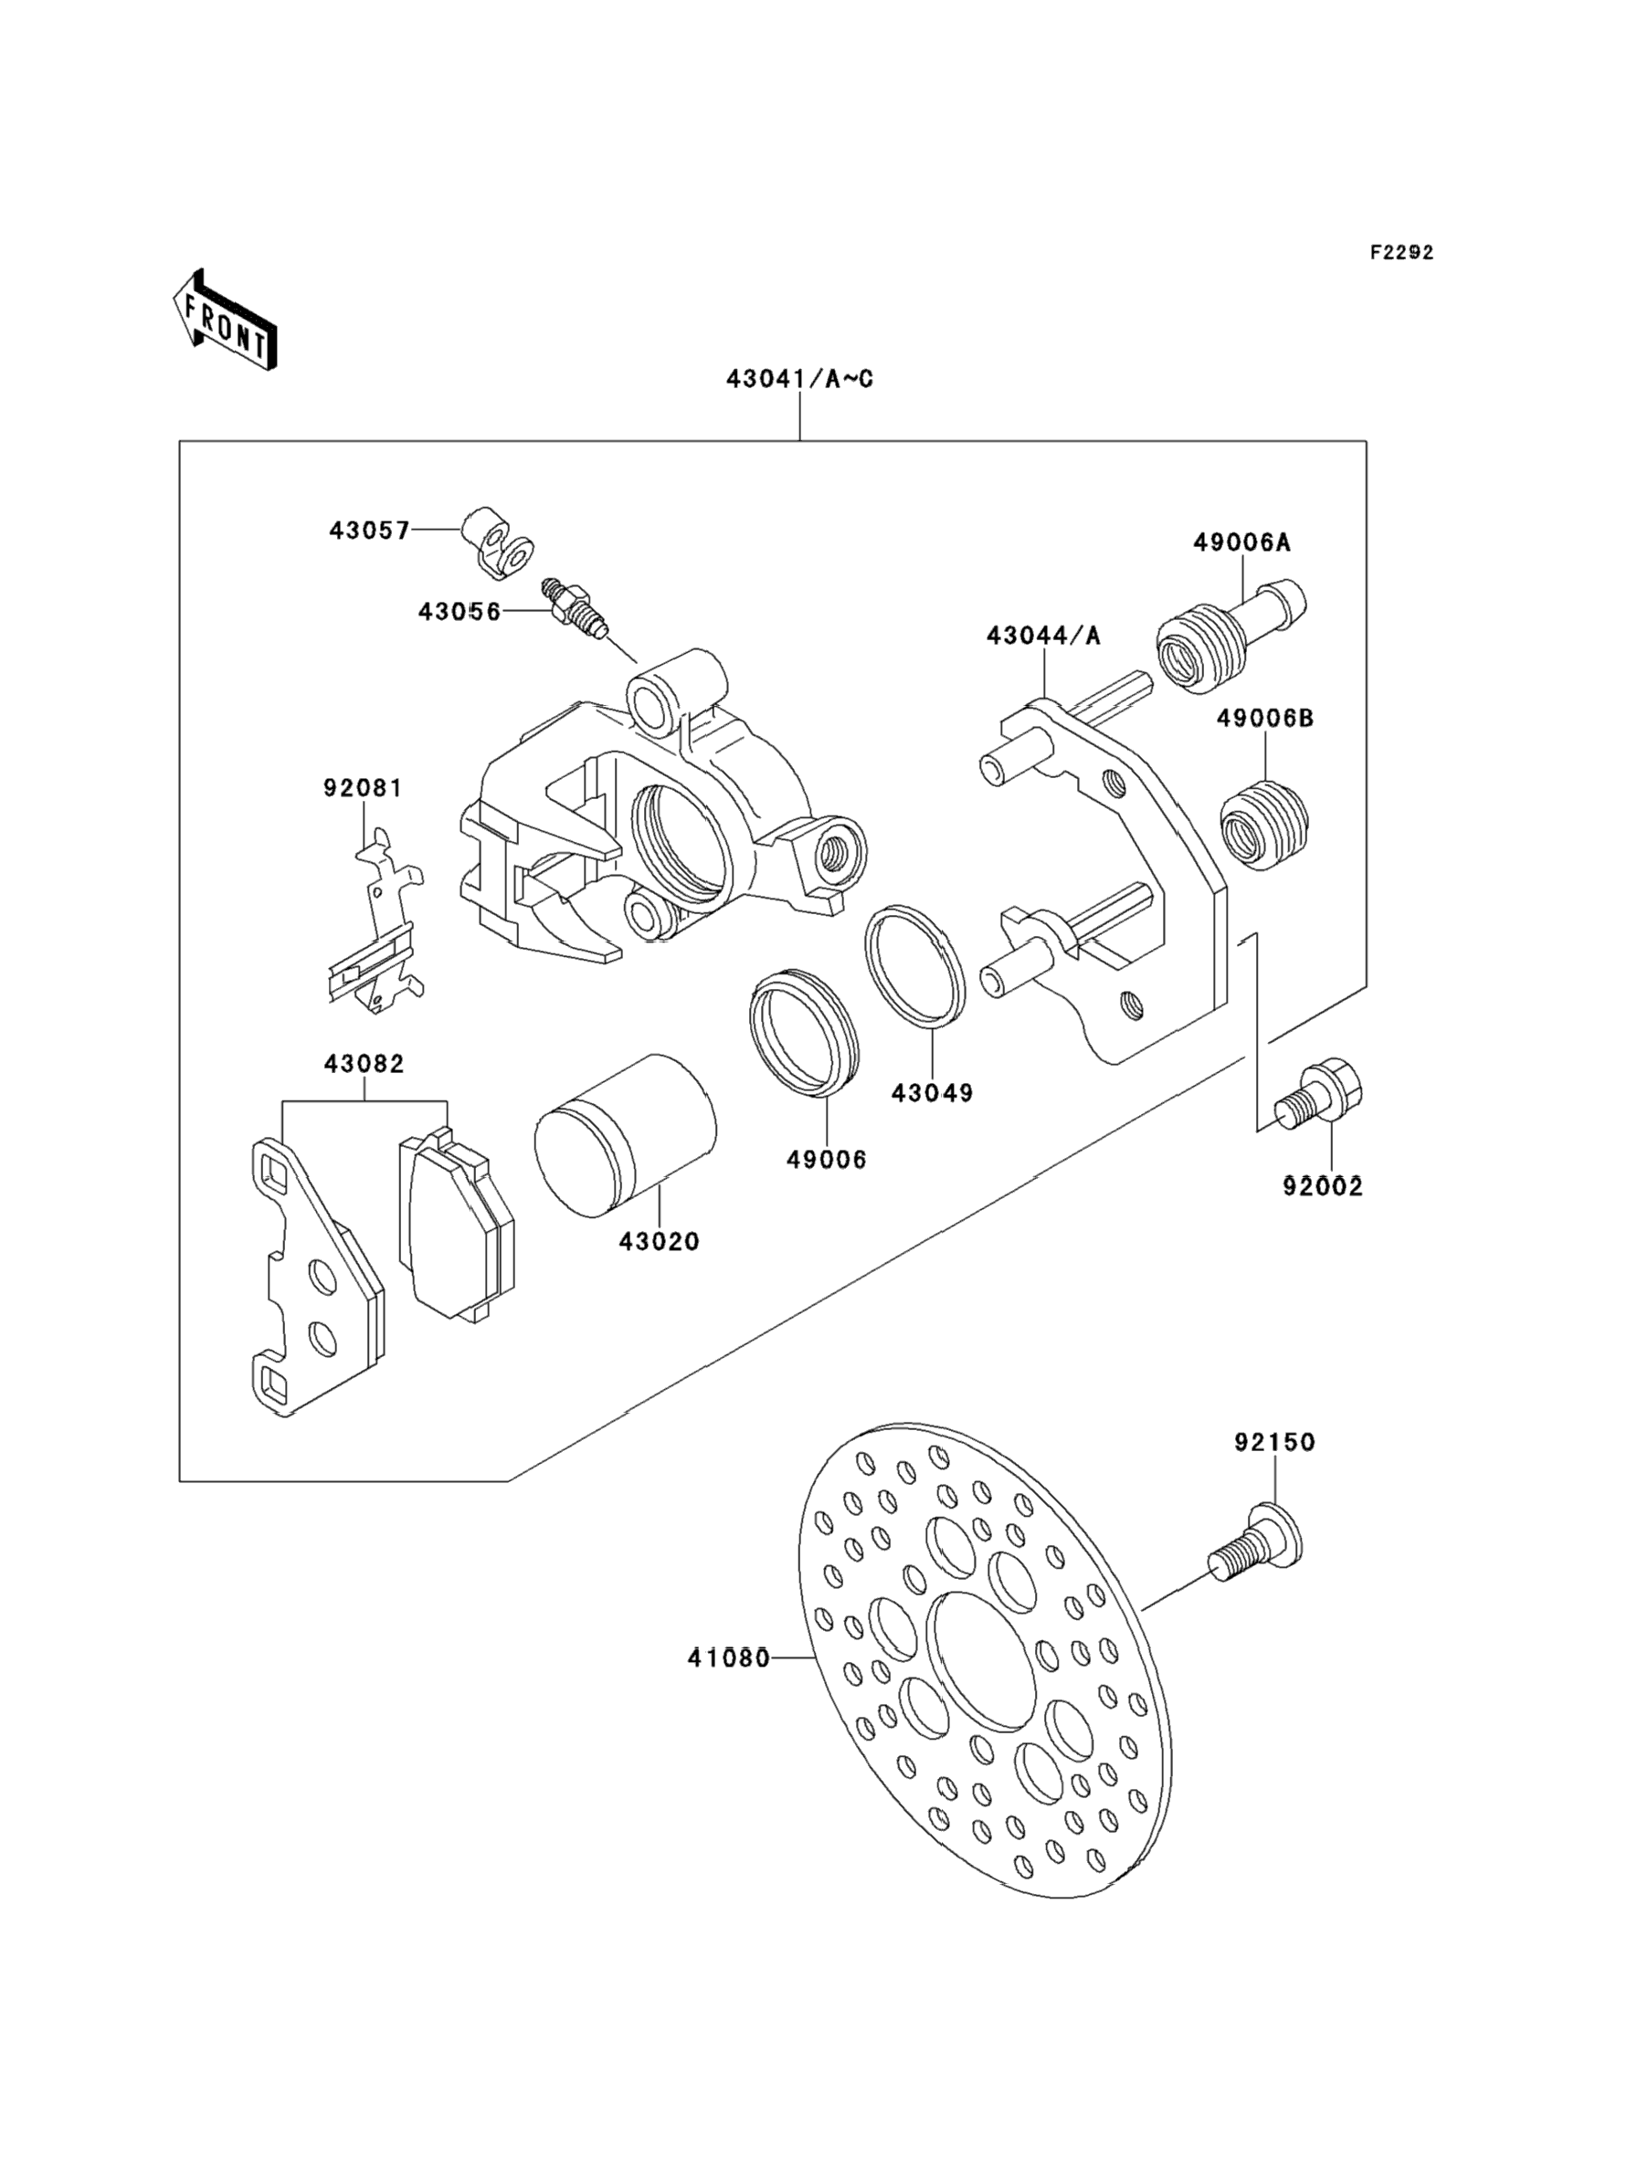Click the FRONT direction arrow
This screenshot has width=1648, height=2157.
pos(225,320)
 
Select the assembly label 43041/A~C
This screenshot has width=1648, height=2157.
pos(799,378)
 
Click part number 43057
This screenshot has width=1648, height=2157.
pos(370,531)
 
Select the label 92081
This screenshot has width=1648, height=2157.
pos(363,787)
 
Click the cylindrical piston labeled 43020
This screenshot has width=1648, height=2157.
pos(625,1135)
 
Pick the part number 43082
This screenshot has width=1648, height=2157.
pos(364,1064)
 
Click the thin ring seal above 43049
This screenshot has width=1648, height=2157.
pos(915,967)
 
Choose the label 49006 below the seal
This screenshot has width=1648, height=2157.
pos(827,1159)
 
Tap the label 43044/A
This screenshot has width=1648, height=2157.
pos(1044,637)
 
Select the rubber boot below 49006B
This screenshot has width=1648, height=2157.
pos(1266,825)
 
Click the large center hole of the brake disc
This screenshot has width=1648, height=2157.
pos(982,1661)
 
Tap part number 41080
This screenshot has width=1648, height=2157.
pos(728,1659)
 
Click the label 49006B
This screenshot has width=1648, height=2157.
pos(1265,718)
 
